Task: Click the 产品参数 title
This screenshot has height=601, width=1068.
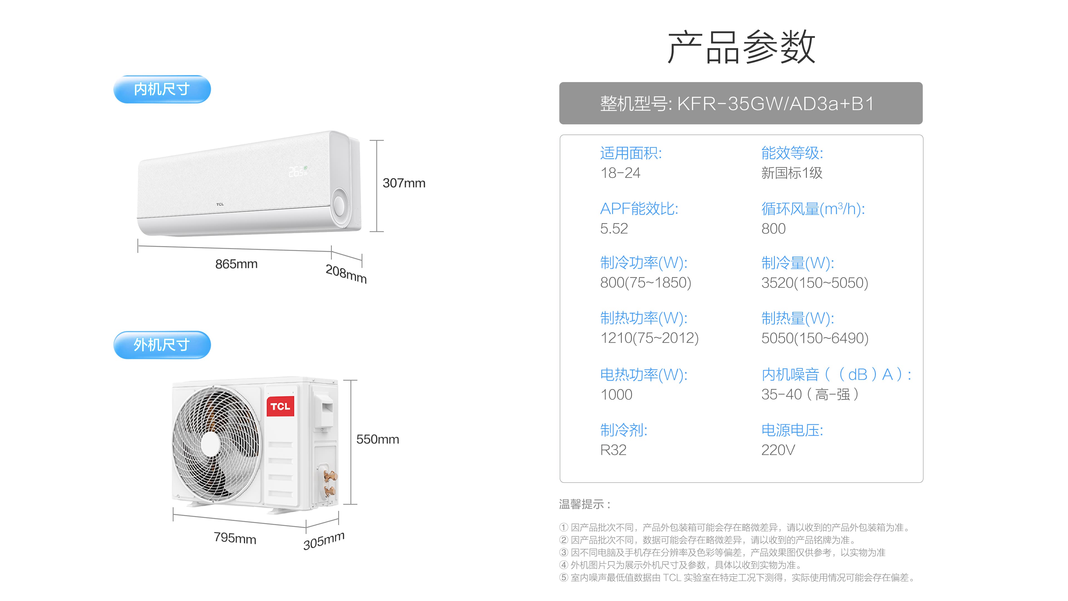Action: point(741,47)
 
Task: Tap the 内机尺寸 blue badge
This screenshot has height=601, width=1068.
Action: point(162,89)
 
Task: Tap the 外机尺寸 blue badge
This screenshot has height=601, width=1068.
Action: point(162,345)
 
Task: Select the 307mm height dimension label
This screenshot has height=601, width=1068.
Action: point(404,183)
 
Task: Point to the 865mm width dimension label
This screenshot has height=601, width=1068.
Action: point(236,264)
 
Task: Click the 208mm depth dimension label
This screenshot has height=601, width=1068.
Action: point(346,274)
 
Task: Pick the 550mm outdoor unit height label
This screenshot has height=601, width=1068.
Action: point(377,439)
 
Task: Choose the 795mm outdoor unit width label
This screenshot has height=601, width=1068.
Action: point(235,538)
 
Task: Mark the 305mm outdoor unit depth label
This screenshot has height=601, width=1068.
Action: point(324,540)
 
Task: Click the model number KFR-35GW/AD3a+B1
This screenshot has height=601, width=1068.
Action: point(775,104)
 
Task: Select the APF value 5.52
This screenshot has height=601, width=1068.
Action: point(614,228)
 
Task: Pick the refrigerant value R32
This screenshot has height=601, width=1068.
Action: point(613,450)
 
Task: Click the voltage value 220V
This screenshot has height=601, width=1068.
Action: point(778,450)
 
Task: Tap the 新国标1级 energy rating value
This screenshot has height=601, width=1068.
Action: point(792,173)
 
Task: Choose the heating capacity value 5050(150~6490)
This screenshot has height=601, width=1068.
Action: point(815,338)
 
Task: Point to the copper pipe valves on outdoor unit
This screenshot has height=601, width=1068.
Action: point(330,483)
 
